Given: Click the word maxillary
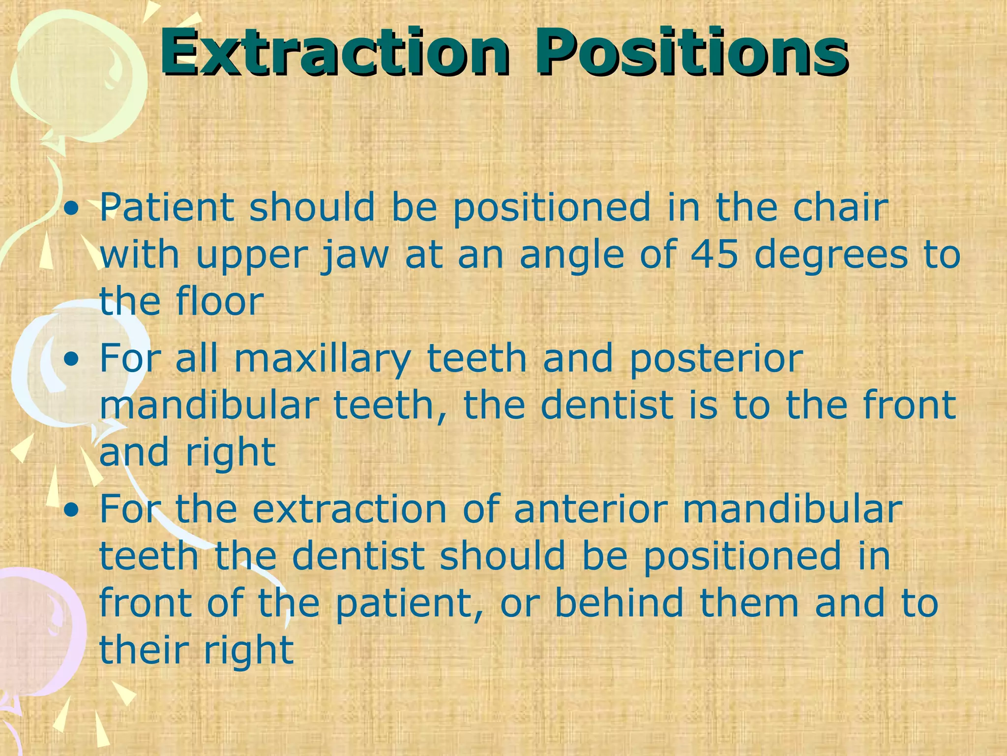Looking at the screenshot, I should point(322,360).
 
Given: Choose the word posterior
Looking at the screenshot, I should point(716,360).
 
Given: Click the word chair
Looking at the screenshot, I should point(840,207).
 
